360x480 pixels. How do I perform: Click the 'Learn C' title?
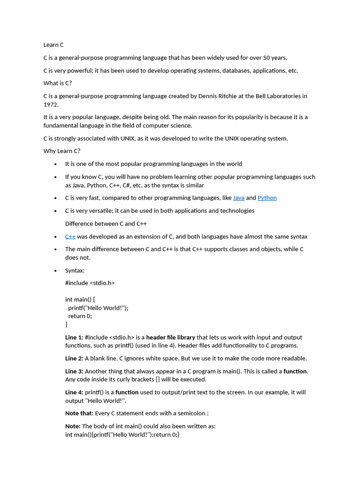pos(53,45)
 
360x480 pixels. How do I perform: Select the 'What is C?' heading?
pos(58,83)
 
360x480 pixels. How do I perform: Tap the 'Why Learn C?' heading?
pos(62,151)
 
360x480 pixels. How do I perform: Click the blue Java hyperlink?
pos(239,198)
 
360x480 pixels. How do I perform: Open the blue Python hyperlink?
pos(267,198)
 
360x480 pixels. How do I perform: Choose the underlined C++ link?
pos(70,237)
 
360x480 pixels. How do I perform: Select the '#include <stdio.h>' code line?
pos(90,283)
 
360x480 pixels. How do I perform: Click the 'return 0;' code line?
pos(80,316)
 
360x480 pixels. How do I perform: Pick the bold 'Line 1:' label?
pos(74,337)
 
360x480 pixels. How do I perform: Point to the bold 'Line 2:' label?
pos(74,359)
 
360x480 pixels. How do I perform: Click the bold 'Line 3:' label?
pos(74,371)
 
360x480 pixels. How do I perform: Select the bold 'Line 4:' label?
pos(74,392)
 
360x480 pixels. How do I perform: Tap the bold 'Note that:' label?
pos(79,413)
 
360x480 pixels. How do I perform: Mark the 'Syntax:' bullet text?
pos(75,271)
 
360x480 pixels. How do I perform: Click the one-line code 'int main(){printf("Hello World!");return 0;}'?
pos(122,435)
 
